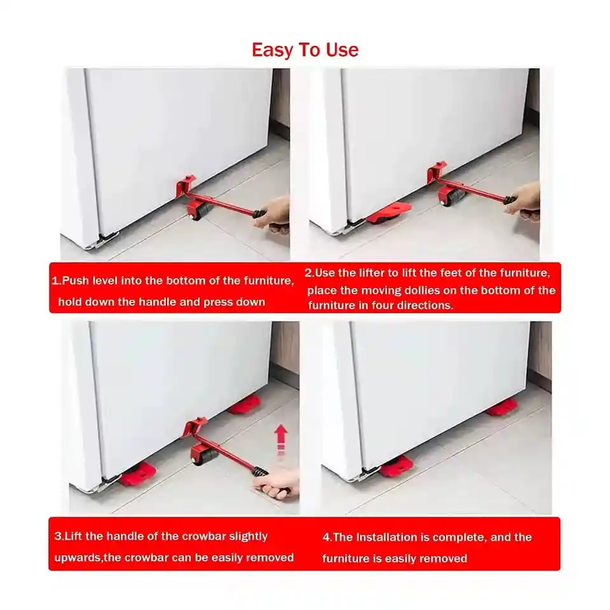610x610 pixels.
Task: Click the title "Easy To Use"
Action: pos(305,50)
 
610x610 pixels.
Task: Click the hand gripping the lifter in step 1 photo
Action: pos(273,215)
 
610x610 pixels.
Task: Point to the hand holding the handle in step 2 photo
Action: pos(522,202)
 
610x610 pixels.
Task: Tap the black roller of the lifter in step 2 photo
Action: pos(452,196)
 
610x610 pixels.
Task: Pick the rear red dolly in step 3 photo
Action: pos(244,405)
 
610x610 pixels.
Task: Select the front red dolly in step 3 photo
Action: pos(138,474)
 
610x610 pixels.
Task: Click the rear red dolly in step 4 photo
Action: pos(502,407)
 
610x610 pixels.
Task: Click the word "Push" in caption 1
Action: pos(76,281)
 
